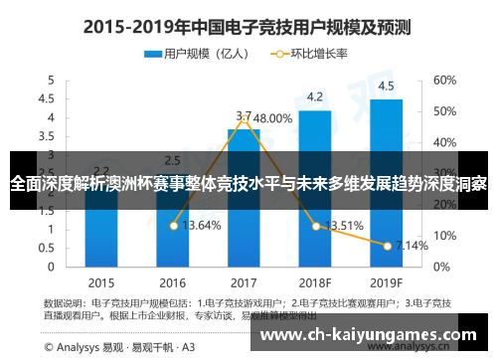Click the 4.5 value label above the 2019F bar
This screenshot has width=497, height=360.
click(x=386, y=85)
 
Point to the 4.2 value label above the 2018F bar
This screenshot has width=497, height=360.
click(x=314, y=96)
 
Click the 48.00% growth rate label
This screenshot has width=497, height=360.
click(x=266, y=117)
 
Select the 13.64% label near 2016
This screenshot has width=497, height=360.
click(x=204, y=226)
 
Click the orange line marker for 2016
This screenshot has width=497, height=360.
click(x=173, y=226)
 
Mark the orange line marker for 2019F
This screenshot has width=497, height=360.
click(x=386, y=245)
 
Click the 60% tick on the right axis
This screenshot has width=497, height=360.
click(x=444, y=80)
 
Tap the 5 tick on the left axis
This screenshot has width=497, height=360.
click(x=48, y=80)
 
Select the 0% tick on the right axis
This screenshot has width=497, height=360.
click(x=441, y=267)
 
